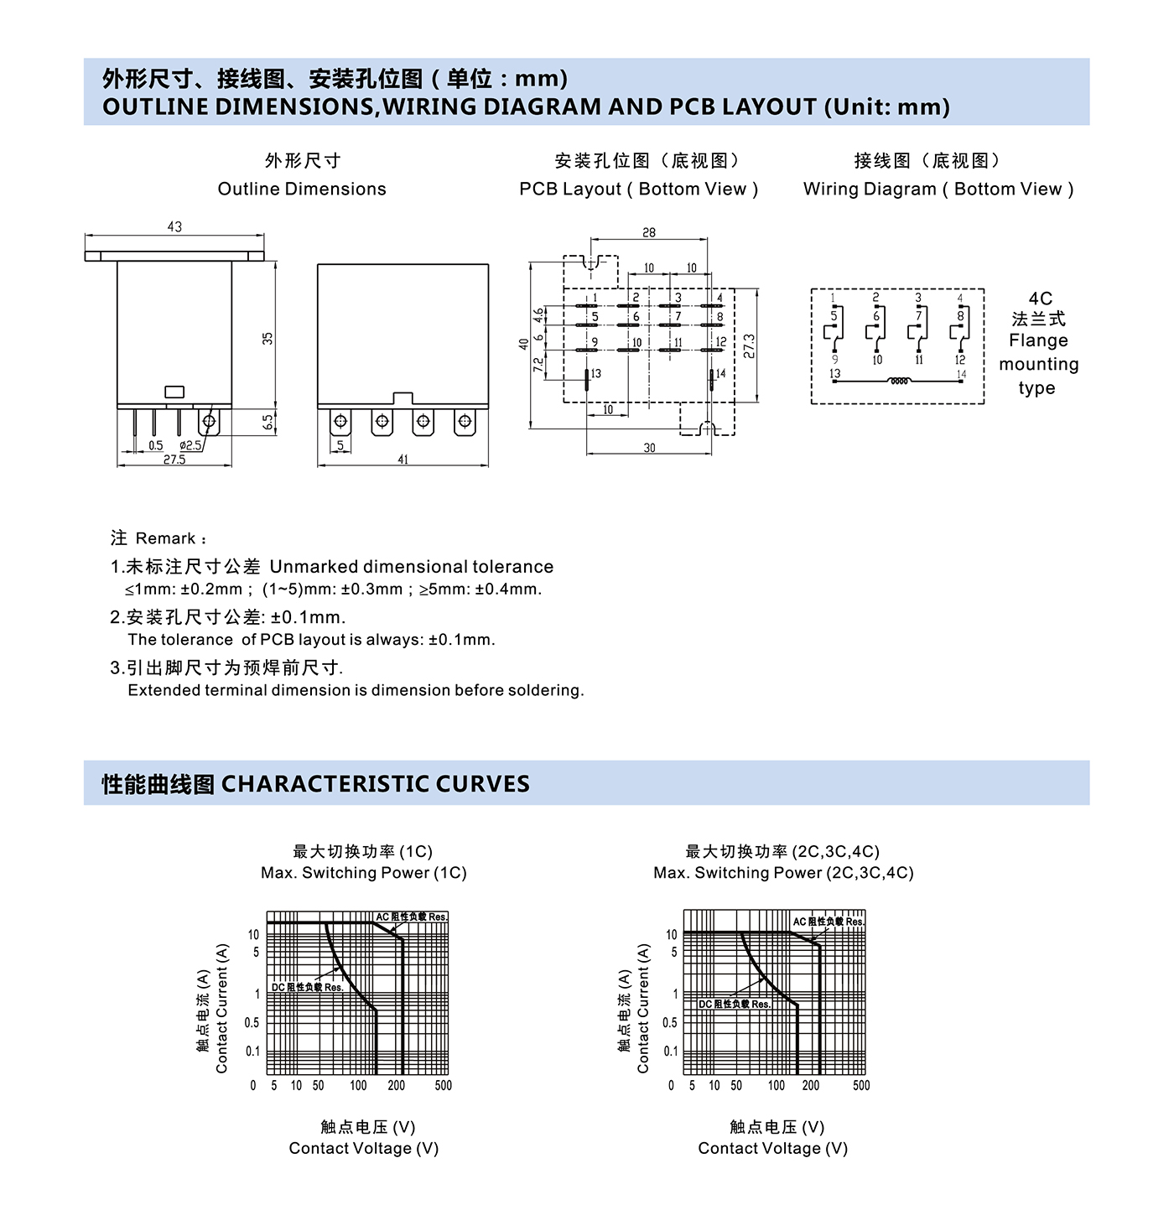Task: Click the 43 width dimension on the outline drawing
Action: [x=174, y=226]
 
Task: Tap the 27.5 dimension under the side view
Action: [x=174, y=460]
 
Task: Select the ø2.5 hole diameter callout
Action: [x=190, y=445]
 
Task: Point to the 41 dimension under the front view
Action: [x=403, y=460]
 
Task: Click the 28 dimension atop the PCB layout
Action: [x=649, y=232]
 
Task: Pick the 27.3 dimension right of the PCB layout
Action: [x=749, y=345]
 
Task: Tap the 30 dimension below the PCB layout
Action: [x=650, y=448]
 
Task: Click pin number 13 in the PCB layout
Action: [x=596, y=374]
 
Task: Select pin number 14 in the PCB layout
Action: [x=720, y=374]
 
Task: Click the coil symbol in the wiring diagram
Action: [x=898, y=382]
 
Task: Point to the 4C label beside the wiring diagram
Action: [x=1040, y=299]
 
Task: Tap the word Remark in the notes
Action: [x=165, y=538]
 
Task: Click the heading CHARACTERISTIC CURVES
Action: [x=375, y=784]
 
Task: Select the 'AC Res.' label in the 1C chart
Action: [x=411, y=917]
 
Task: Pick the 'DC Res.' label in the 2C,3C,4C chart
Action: [x=734, y=1004]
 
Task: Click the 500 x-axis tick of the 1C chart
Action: [x=443, y=1085]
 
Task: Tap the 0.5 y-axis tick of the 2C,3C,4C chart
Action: [x=669, y=1023]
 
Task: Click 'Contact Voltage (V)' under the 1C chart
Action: [x=363, y=1148]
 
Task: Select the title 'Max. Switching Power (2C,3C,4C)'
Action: [x=783, y=873]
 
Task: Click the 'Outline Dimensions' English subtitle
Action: [x=302, y=189]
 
